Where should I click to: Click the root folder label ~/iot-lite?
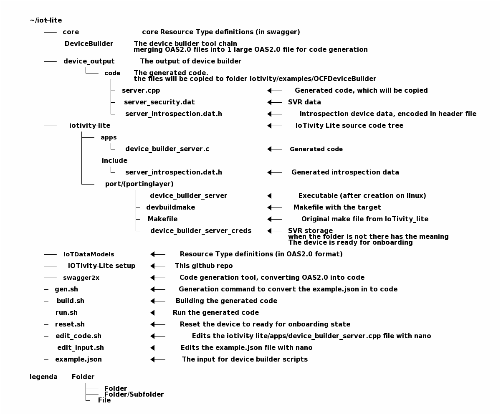click(46, 20)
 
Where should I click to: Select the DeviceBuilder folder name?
click(89, 44)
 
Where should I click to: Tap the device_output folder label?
click(89, 61)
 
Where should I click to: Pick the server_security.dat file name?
click(159, 102)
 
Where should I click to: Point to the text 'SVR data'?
click(304, 102)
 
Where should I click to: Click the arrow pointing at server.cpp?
click(275, 91)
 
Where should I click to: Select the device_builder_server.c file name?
click(167, 149)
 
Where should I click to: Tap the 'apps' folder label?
click(109, 137)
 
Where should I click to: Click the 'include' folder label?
click(114, 161)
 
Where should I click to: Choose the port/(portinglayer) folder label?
click(139, 184)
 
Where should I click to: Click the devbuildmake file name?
click(170, 207)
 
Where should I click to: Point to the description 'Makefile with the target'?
click(337, 207)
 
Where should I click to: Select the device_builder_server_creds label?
click(201, 231)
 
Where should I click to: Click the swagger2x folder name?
click(81, 278)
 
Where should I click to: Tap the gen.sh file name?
click(66, 289)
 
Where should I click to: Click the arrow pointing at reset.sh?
click(158, 324)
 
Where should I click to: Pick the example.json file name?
click(78, 359)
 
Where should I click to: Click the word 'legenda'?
click(44, 377)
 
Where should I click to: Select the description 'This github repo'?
click(204, 266)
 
